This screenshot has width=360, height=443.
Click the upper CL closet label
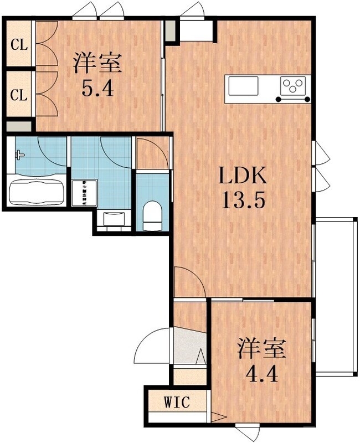tap(19, 45)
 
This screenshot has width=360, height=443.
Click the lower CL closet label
tap(19, 95)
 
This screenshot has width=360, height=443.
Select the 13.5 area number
tap(244, 200)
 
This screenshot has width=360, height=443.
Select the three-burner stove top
tap(294, 87)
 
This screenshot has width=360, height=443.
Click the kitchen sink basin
tap(243, 86)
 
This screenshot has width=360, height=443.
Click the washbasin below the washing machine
tap(114, 218)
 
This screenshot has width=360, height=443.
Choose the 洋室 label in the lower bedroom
tap(261, 349)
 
